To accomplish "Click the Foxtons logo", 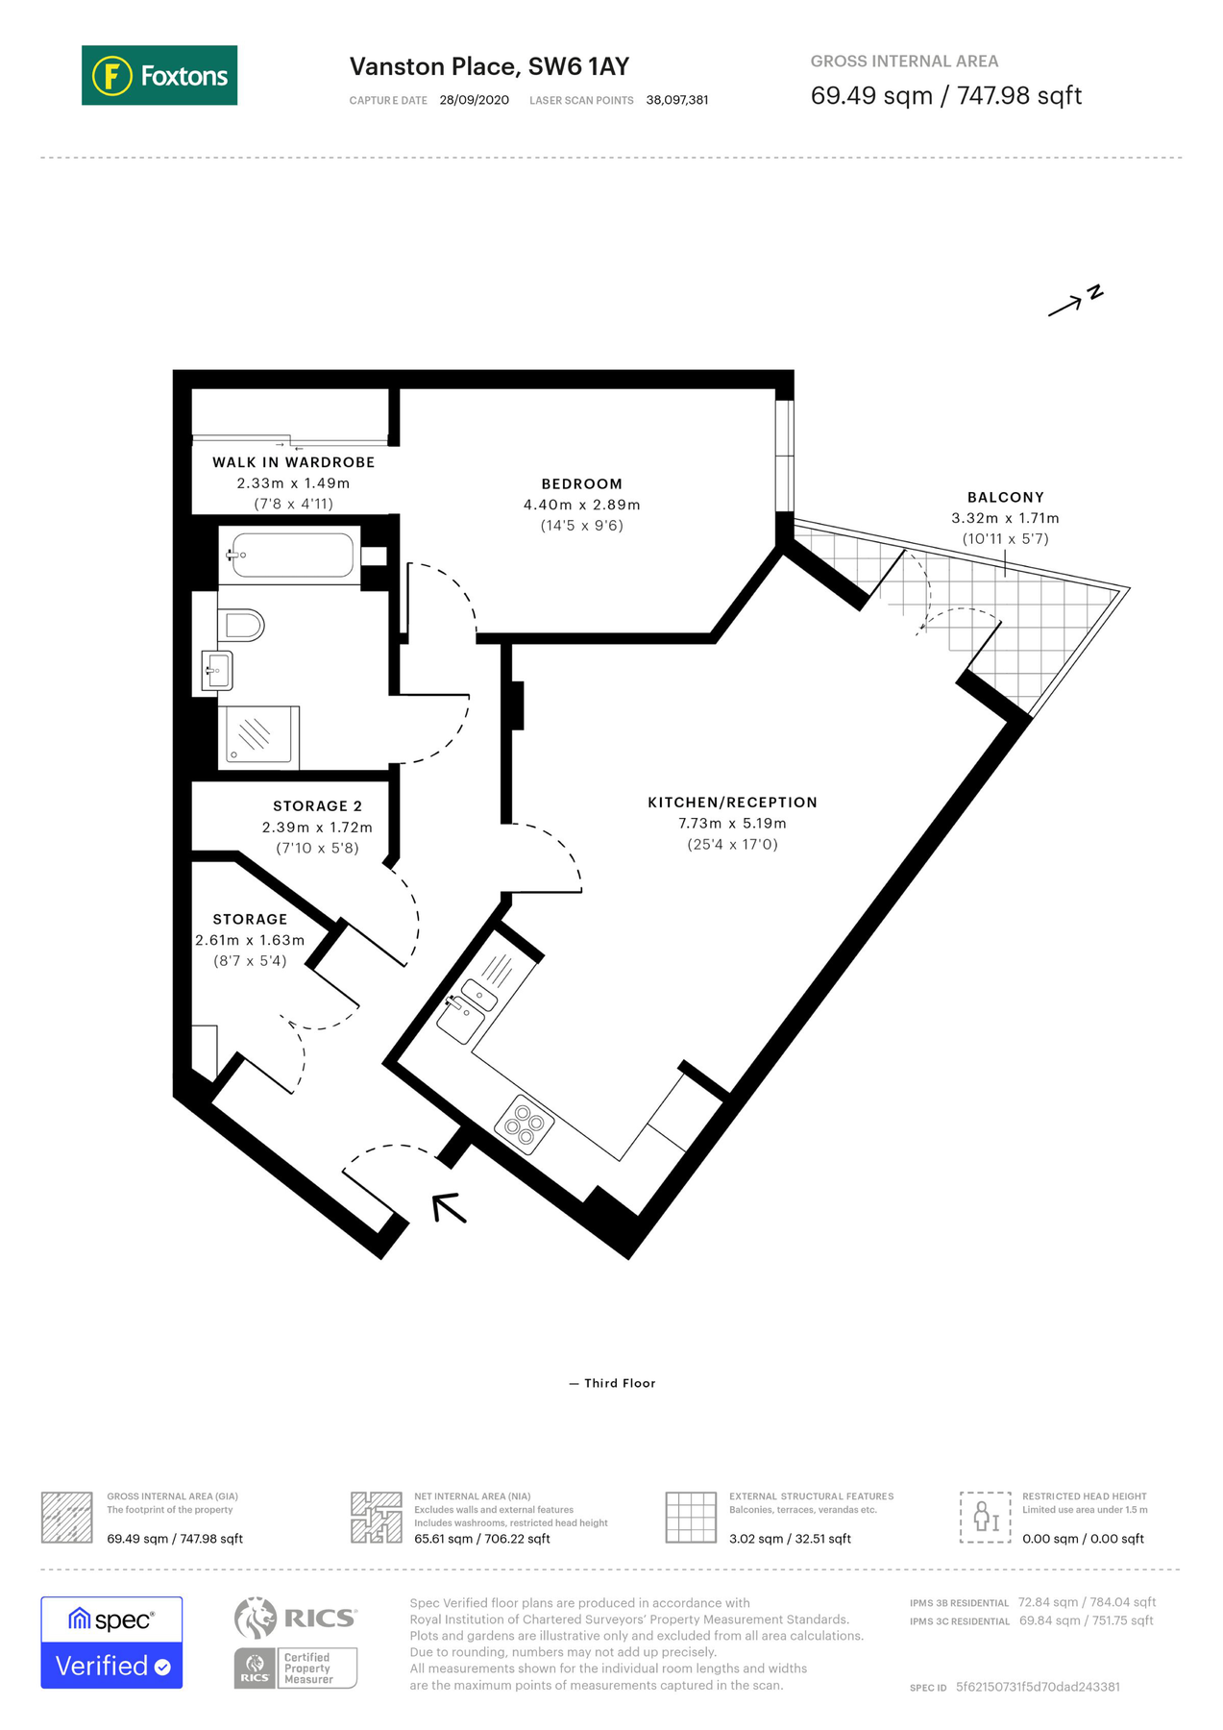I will coord(159,75).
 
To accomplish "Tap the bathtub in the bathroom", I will coord(291,556).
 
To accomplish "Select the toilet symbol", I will coord(242,626).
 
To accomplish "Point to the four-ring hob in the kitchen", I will coord(524,1124).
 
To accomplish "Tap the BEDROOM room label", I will coord(581,484).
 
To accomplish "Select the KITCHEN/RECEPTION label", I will coord(732,803).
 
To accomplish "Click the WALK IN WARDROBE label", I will coord(293,462).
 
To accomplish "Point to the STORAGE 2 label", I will coord(317,806).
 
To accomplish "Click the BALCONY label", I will coord(1005,498).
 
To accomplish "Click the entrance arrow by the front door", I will coord(449,1208).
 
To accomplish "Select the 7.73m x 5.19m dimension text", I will coord(732,824).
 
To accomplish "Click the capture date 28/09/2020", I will coord(474,100).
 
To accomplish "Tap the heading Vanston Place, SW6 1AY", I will coord(489,66).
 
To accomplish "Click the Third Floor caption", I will coord(619,1383).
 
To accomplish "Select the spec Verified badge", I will coord(111,1643).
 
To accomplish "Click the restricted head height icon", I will coord(985,1517).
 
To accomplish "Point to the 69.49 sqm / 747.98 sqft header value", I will coord(945,96).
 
